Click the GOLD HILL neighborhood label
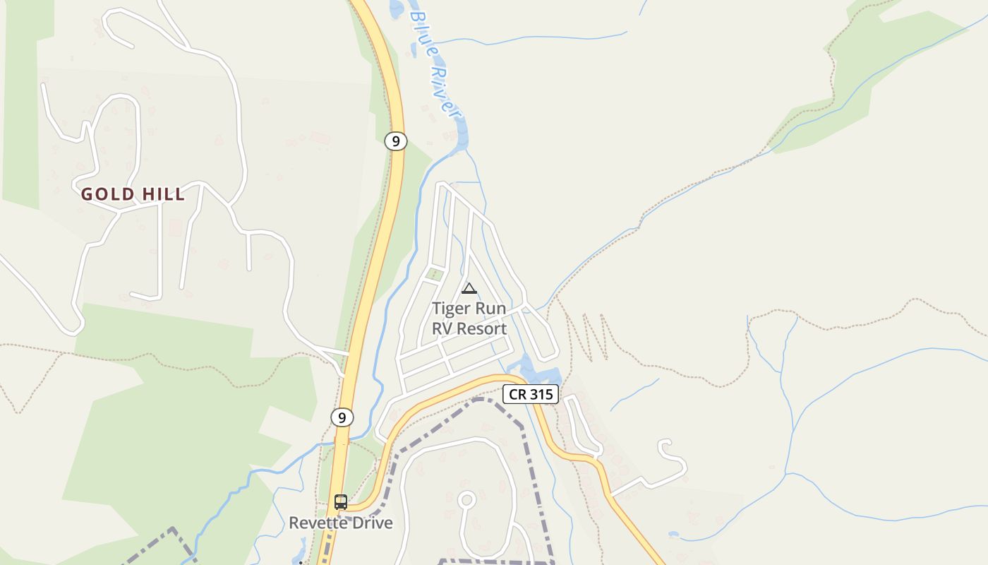[x=133, y=194]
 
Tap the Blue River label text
[x=436, y=62]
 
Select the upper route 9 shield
[x=396, y=141]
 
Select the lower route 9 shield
[x=342, y=417]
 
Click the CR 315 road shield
[x=531, y=394]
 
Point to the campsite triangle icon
[x=469, y=288]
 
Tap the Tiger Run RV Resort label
[x=469, y=319]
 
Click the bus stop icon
[x=341, y=502]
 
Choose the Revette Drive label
[x=341, y=523]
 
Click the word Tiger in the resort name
[x=450, y=309]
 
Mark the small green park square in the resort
[x=435, y=275]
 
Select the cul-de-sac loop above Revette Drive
[x=466, y=500]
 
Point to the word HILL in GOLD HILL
[x=163, y=194]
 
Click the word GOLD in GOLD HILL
[x=106, y=194]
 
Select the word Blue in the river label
[x=421, y=28]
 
